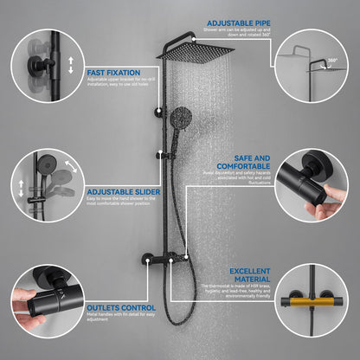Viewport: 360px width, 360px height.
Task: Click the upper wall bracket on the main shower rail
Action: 159,111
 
